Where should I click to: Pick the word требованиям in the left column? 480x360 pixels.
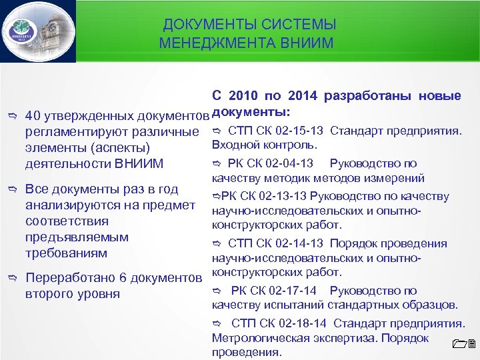coord(65,253)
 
